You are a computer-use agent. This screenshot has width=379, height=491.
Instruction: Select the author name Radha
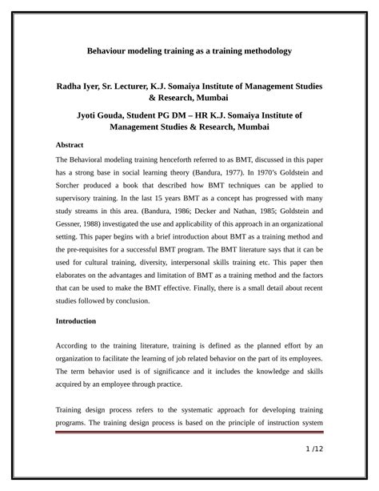[71, 85]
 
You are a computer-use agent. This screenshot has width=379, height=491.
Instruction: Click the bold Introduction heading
[76, 320]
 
